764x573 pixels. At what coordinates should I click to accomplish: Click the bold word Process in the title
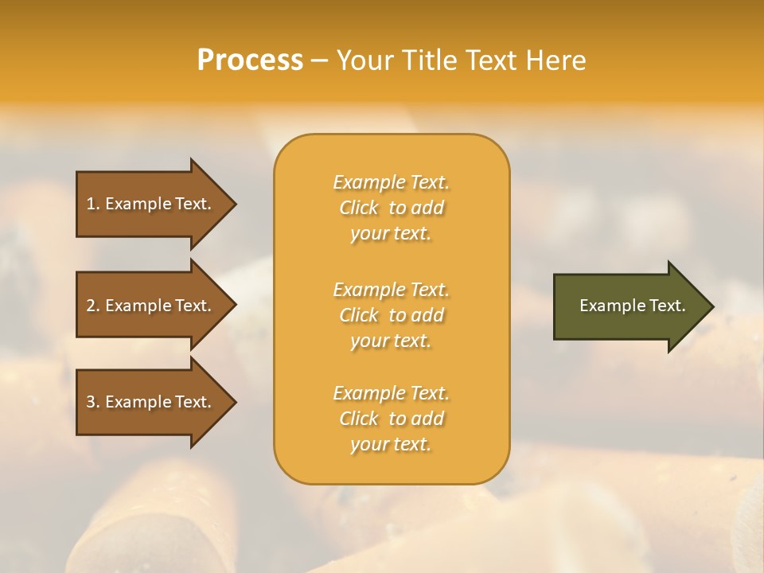click(250, 60)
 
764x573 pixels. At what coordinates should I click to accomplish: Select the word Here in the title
click(556, 60)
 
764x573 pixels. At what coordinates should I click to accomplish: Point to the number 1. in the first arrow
click(93, 204)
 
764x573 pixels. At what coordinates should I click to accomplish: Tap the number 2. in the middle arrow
click(93, 306)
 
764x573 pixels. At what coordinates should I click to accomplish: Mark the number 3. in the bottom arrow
click(93, 402)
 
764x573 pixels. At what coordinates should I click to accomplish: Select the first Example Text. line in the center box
click(391, 182)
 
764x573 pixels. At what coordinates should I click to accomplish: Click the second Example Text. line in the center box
click(391, 290)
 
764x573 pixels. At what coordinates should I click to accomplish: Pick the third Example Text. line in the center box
click(391, 393)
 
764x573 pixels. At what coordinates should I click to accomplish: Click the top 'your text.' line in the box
click(391, 234)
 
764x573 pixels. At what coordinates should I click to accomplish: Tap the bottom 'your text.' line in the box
click(391, 445)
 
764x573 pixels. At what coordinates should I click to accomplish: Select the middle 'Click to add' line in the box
click(391, 315)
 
